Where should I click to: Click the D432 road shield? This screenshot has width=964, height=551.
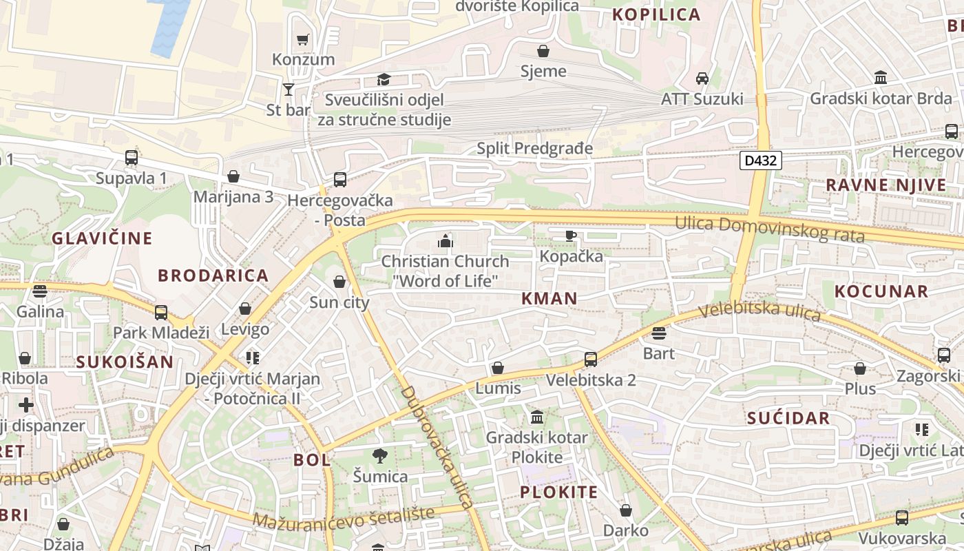pyautogui.click(x=761, y=161)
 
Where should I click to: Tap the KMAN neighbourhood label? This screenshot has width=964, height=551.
pyautogui.click(x=549, y=298)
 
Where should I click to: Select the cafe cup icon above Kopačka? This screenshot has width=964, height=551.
pyautogui.click(x=571, y=236)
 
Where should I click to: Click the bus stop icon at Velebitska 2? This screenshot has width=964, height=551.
pyautogui.click(x=590, y=359)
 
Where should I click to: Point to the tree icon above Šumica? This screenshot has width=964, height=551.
pyautogui.click(x=379, y=455)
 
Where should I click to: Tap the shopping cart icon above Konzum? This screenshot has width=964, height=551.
pyautogui.click(x=302, y=39)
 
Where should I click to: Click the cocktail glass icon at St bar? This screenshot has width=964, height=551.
pyautogui.click(x=289, y=90)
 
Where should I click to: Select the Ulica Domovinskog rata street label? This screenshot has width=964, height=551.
pyautogui.click(x=769, y=229)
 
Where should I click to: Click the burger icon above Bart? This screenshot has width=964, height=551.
pyautogui.click(x=659, y=333)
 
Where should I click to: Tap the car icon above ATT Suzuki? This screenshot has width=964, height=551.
pyautogui.click(x=702, y=79)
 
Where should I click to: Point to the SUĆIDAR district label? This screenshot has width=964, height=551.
pyautogui.click(x=788, y=418)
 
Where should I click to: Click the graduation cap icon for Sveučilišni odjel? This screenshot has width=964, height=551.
pyautogui.click(x=384, y=80)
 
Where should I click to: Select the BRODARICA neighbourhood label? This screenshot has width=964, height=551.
pyautogui.click(x=213, y=275)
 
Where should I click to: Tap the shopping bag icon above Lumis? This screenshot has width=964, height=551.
pyautogui.click(x=498, y=368)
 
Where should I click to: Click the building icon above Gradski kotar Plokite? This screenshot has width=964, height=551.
pyautogui.click(x=537, y=417)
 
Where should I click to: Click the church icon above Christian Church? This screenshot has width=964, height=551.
pyautogui.click(x=446, y=241)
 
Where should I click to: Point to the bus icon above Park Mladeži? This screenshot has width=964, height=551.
pyautogui.click(x=161, y=313)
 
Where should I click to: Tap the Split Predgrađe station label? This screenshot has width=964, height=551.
pyautogui.click(x=534, y=148)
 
